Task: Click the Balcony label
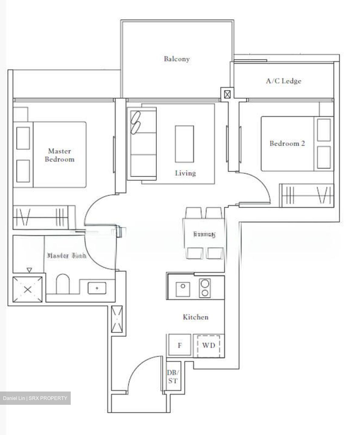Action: point(177,59)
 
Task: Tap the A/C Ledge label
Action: point(284,81)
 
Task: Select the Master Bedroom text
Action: point(60,155)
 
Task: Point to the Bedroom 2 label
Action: point(287,143)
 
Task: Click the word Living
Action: point(185,173)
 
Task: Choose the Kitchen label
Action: point(196,317)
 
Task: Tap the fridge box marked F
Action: point(180,345)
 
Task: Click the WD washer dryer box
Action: point(209,345)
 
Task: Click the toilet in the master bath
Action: point(63,284)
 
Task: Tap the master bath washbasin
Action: point(97,288)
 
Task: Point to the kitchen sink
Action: point(183,289)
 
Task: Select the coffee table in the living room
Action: point(184,144)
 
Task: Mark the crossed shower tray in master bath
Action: point(28,289)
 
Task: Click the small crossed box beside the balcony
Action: point(228,94)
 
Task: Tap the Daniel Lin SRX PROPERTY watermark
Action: point(35,398)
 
